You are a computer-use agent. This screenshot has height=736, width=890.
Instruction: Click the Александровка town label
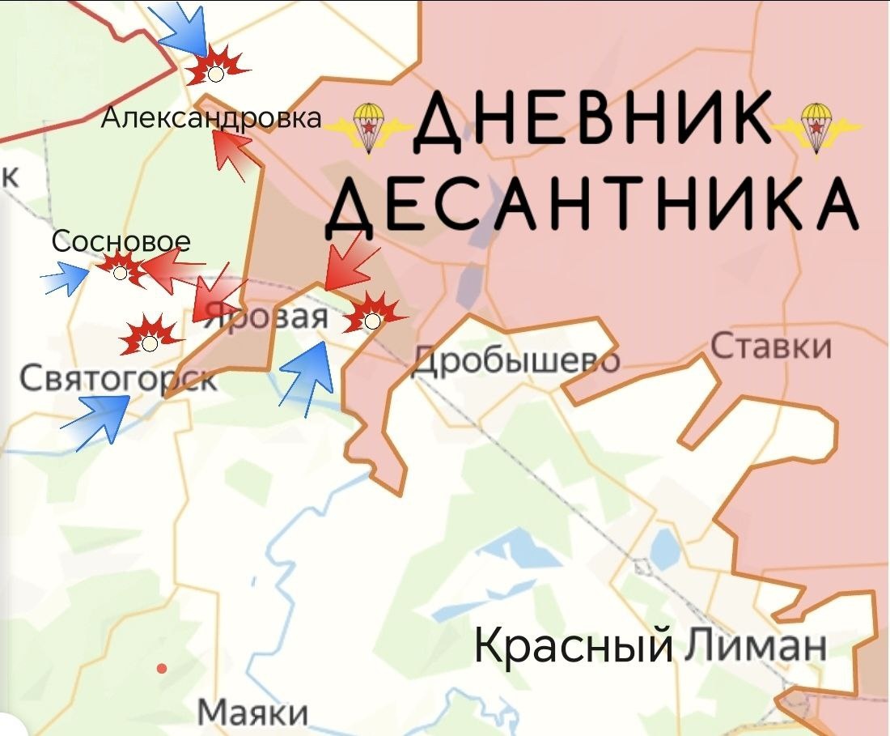pyautogui.click(x=210, y=118)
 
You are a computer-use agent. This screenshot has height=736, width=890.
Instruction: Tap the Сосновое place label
pyautogui.click(x=121, y=241)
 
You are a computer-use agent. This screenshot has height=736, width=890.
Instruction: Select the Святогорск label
pyautogui.click(x=118, y=378)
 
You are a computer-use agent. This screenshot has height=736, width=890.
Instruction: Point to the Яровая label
pyautogui.click(x=267, y=317)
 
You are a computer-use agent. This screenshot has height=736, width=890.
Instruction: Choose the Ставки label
pyautogui.click(x=771, y=347)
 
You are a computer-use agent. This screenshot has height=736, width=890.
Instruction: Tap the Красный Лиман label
pyautogui.click(x=650, y=645)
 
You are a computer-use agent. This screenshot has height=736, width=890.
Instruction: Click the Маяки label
pyautogui.click(x=253, y=713)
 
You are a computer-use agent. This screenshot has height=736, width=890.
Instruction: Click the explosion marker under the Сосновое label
pyautogui.click(x=121, y=268)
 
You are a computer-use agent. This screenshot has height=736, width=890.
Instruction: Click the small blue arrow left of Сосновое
pyautogui.click(x=66, y=279)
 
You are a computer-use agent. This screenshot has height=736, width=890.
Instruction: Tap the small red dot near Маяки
pyautogui.click(x=162, y=668)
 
